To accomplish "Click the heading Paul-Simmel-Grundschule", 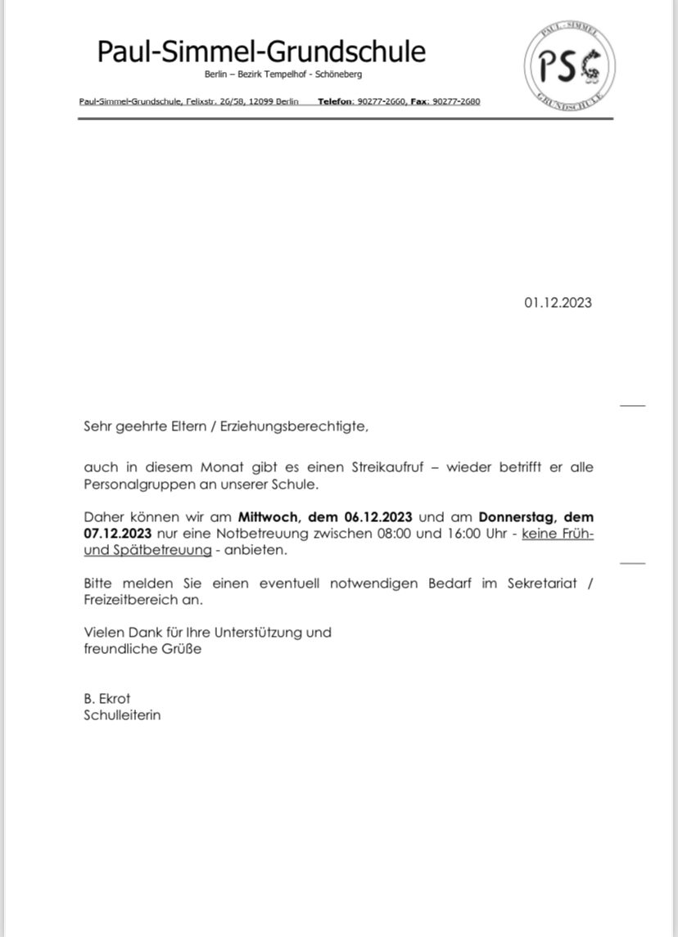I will point(261,52).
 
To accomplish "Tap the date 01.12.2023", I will point(558,303).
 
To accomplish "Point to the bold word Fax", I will point(418,102).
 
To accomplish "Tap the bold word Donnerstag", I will point(518,517).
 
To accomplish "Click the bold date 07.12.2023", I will point(117,534).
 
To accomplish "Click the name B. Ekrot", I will point(106,699).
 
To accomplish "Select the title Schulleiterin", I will point(122,715).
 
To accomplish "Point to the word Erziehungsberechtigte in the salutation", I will point(293,427).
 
